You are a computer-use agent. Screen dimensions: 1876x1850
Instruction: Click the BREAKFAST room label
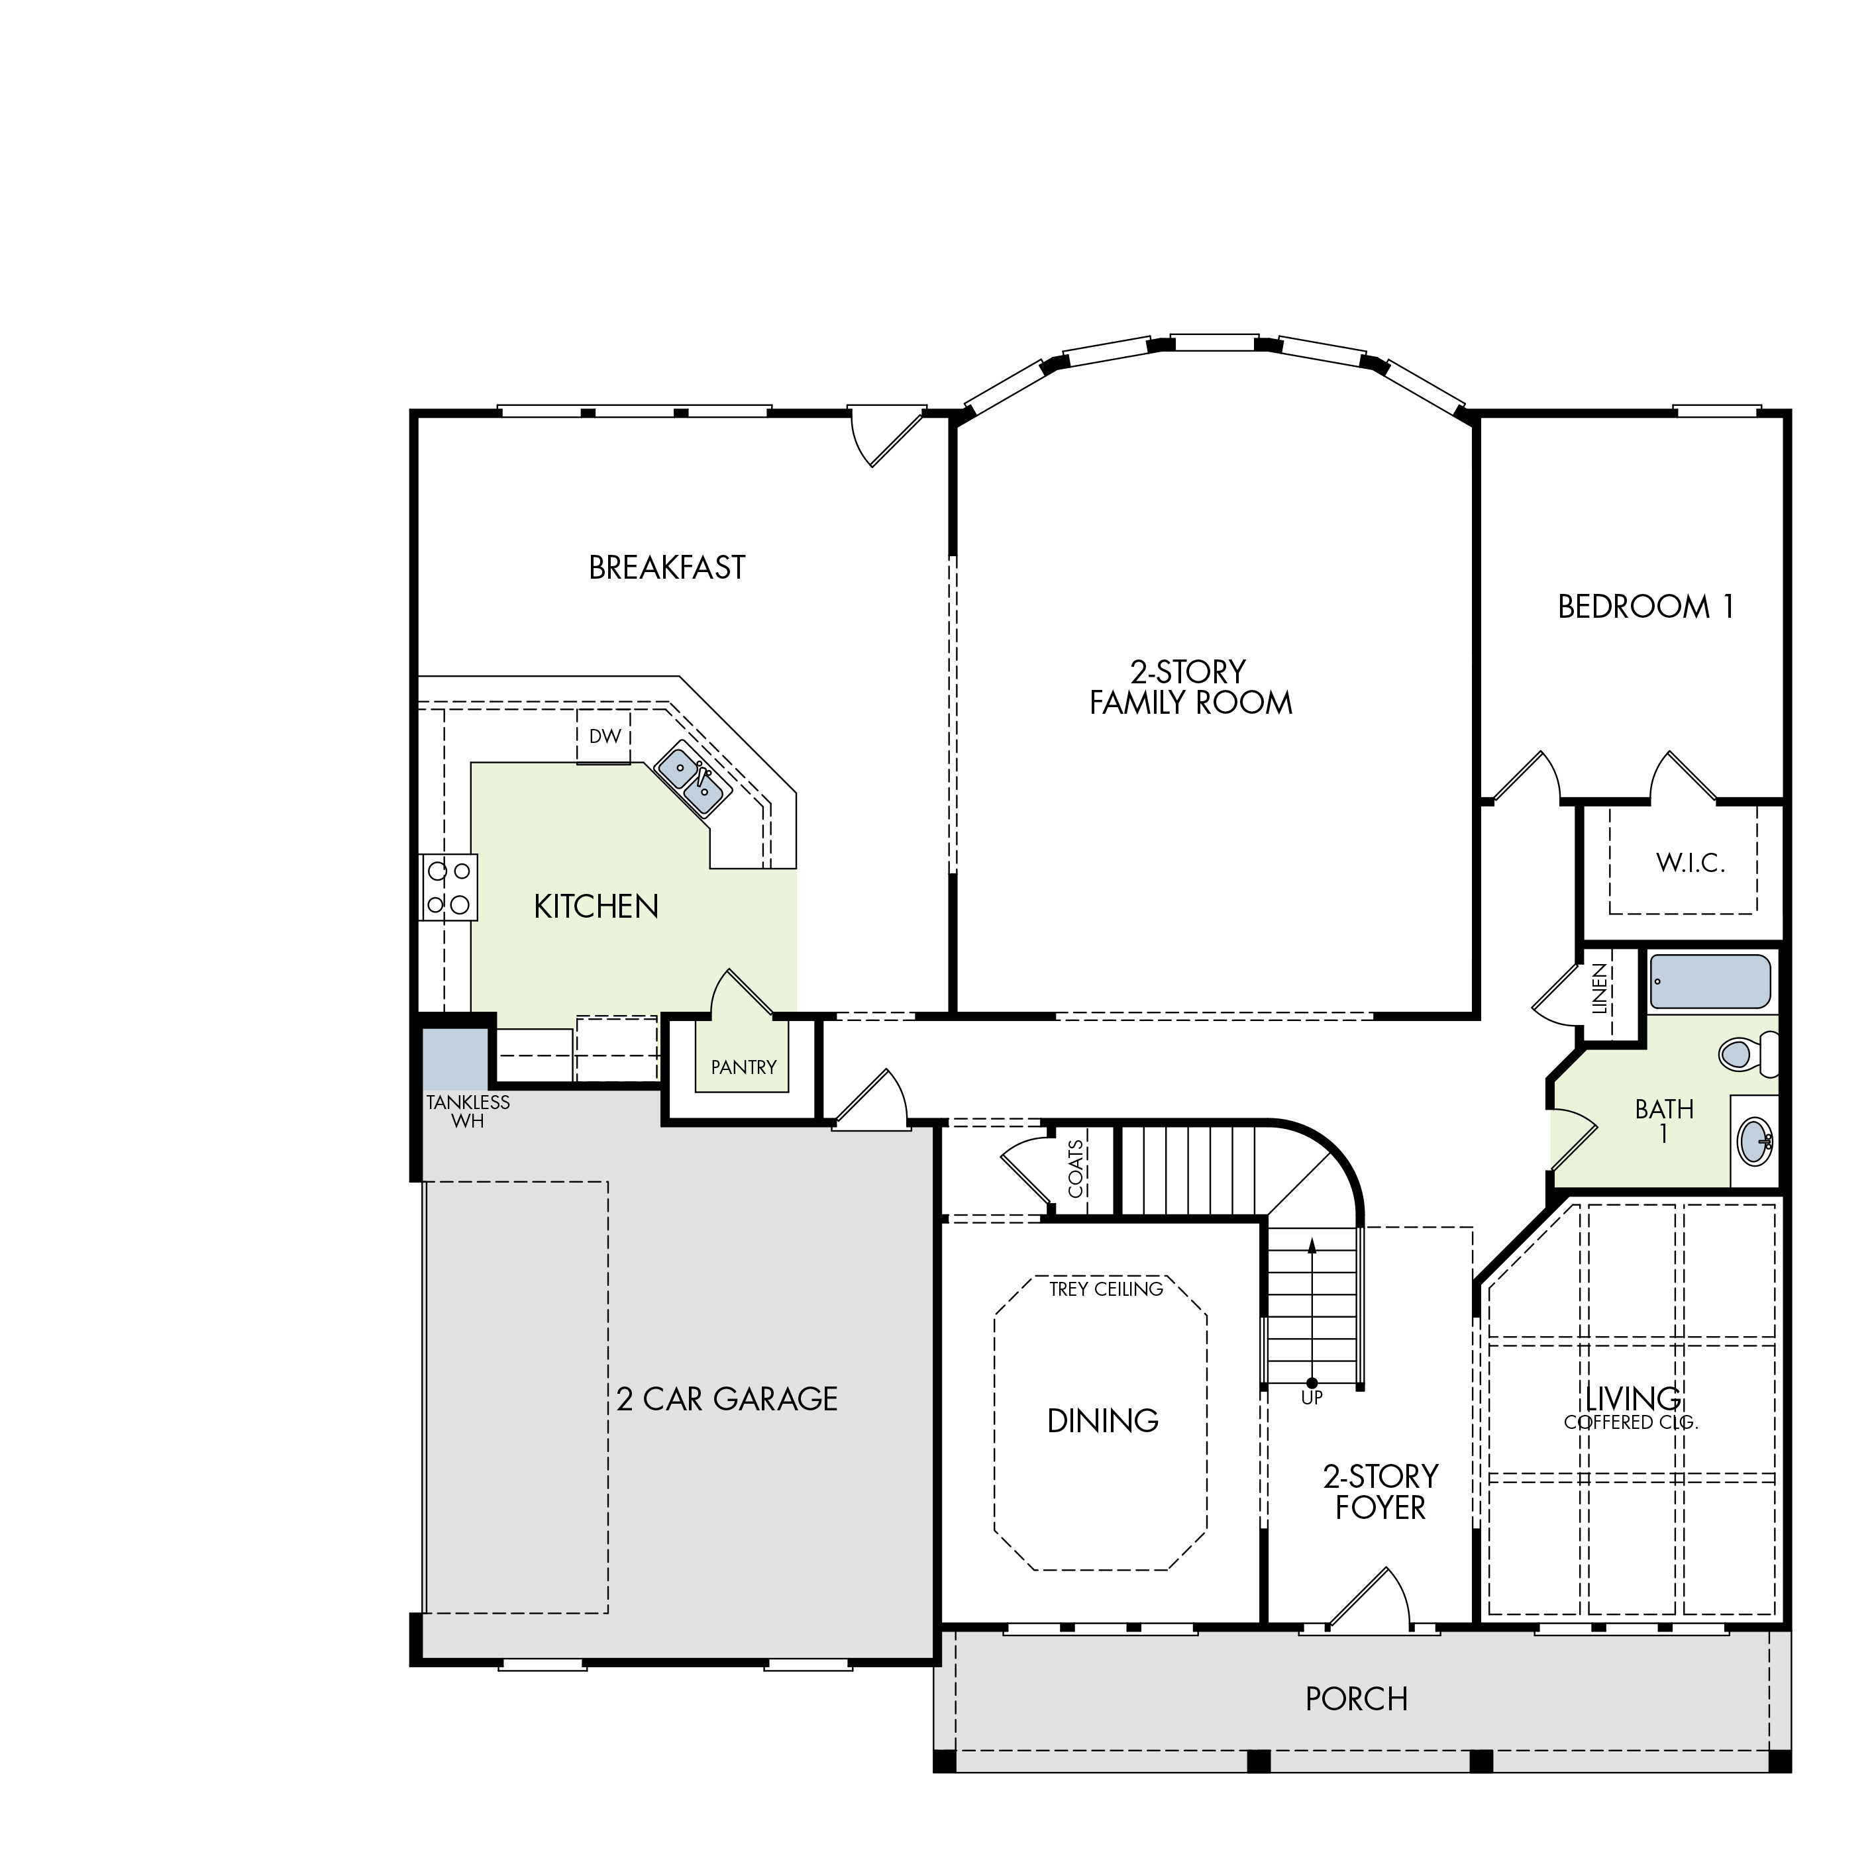click(x=667, y=567)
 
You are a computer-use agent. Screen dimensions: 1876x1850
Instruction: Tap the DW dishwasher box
click(x=604, y=737)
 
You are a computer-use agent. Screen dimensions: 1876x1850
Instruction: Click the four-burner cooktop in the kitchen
click(x=448, y=887)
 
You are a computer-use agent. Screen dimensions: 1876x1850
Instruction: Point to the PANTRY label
click(x=744, y=1067)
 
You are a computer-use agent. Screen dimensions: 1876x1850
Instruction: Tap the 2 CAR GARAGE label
click(x=727, y=1398)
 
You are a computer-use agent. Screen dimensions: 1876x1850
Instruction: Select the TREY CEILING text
click(x=1106, y=1289)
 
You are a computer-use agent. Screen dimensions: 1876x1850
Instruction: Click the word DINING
click(x=1103, y=1421)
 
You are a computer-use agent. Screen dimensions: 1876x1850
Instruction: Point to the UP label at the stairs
click(x=1312, y=1398)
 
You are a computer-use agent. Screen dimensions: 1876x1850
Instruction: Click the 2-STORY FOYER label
click(x=1381, y=1492)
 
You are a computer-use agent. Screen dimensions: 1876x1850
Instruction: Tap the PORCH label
click(x=1357, y=1698)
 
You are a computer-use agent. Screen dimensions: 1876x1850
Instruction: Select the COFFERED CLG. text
click(x=1632, y=1423)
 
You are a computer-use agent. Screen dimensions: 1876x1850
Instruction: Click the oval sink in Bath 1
click(x=1755, y=1142)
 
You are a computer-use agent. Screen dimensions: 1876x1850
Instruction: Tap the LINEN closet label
click(x=1599, y=988)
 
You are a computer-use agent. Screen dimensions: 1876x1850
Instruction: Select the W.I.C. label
click(x=1691, y=863)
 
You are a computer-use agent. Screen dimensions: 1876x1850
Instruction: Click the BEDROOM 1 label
click(x=1646, y=607)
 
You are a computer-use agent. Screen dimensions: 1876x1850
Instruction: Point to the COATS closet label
click(x=1076, y=1169)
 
